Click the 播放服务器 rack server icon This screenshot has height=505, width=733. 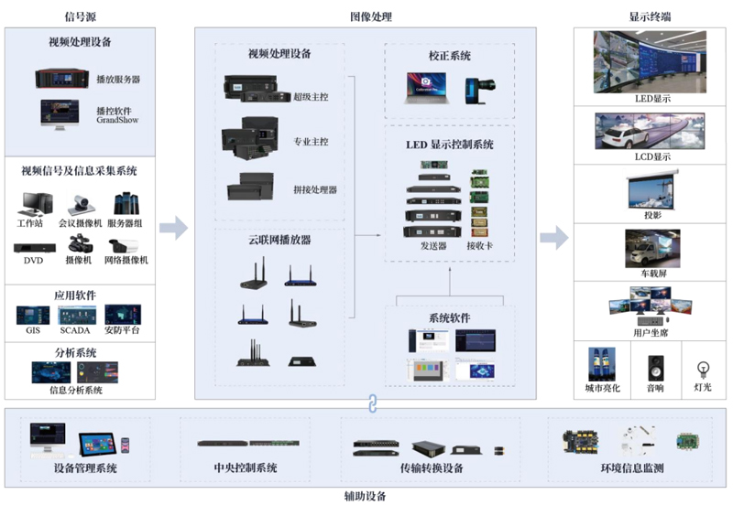pyautogui.click(x=62, y=79)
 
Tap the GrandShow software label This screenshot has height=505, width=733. pyautogui.click(x=117, y=120)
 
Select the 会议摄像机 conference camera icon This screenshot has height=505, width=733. pyautogui.click(x=81, y=204)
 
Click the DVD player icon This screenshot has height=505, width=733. pyautogui.click(x=35, y=248)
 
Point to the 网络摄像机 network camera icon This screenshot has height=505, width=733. pyautogui.click(x=124, y=245)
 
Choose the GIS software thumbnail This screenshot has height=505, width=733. pyautogui.click(x=33, y=316)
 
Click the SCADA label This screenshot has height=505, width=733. pyautogui.click(x=75, y=330)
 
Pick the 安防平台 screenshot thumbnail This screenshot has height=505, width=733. pyautogui.click(x=123, y=315)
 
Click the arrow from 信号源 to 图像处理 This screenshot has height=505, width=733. pyautogui.click(x=173, y=228)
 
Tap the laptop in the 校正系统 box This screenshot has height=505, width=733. pyautogui.click(x=426, y=87)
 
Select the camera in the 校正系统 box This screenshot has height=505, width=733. pyautogui.click(x=479, y=90)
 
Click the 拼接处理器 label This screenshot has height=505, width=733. pyautogui.click(x=315, y=190)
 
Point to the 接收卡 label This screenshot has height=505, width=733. pyautogui.click(x=479, y=245)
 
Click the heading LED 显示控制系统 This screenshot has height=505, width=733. pyautogui.click(x=449, y=145)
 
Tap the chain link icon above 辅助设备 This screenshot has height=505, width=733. pyautogui.click(x=372, y=403)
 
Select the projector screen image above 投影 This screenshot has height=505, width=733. pyautogui.click(x=652, y=191)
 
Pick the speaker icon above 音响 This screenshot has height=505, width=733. pyautogui.click(x=655, y=369)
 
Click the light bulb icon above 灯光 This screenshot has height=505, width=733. pyautogui.click(x=703, y=370)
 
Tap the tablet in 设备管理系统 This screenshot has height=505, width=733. pyautogui.click(x=98, y=445)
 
